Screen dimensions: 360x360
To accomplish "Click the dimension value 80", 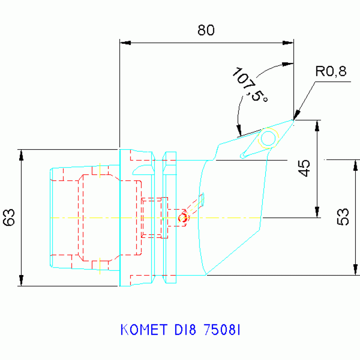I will (x=206, y=31).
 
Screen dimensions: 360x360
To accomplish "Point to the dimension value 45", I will (x=305, y=168).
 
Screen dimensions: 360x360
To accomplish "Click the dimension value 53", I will (x=344, y=216).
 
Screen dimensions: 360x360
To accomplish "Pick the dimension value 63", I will (x=10, y=217).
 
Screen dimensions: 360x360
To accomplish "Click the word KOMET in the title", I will (x=143, y=329).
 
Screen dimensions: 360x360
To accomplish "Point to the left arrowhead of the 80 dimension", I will (x=124, y=43).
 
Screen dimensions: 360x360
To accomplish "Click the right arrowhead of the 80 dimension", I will (x=289, y=43).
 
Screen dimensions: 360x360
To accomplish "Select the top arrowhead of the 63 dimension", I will (x=21, y=155).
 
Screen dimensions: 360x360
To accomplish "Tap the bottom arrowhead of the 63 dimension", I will (x=21, y=280).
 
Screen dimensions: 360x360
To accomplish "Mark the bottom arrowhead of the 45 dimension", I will (x=317, y=212).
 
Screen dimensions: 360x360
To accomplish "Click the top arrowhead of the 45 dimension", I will (x=317, y=125).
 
